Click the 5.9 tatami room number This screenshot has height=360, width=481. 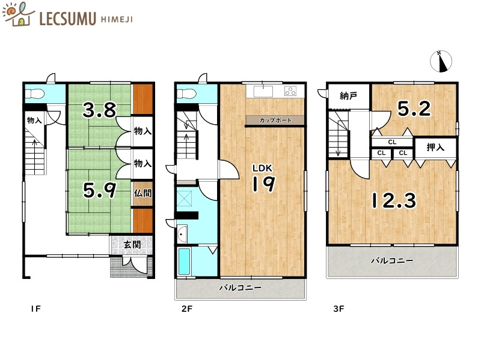coord(99,190)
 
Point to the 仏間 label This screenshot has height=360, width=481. coord(142,194)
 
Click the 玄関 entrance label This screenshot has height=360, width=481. coord(132,244)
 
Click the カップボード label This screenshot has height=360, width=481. coord(275,121)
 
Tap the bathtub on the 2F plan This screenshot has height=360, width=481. coord(185,262)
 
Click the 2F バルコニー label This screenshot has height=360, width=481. coord(240,288)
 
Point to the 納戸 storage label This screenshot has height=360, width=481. coord(348,95)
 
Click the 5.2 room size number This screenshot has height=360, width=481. coord(414,108)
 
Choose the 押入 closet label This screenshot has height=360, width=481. coord(435,148)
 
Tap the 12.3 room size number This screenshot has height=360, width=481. coord(393,200)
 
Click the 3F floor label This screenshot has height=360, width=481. coord(338,310)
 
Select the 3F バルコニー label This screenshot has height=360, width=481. coord(391,261)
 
